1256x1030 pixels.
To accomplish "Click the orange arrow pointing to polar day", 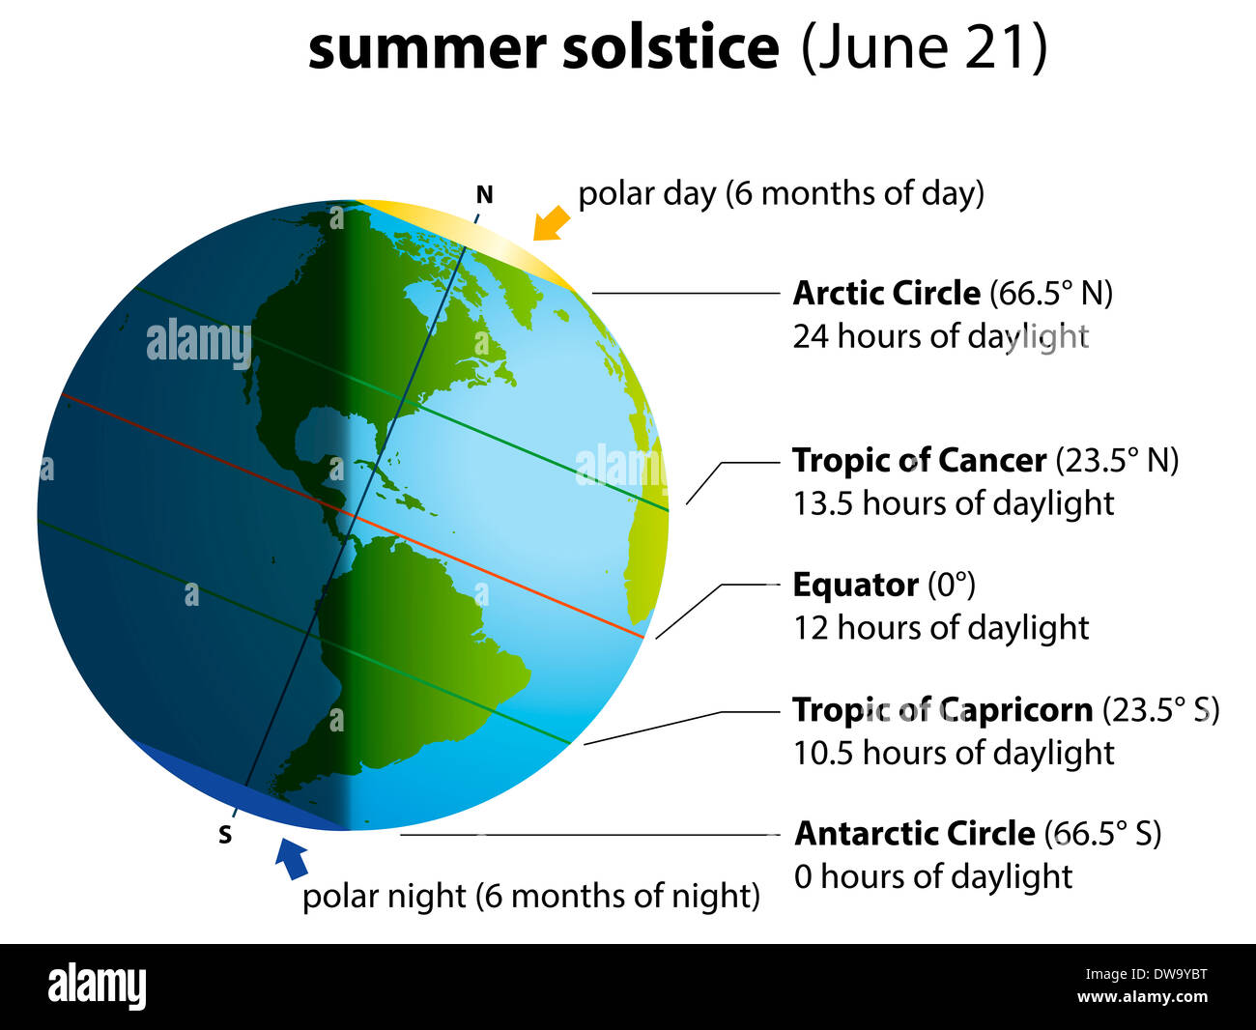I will [x=552, y=223].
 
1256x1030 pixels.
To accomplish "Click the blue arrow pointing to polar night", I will [x=291, y=858].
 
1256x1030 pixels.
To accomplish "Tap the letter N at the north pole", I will [x=484, y=195].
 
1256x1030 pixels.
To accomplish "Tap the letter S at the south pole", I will [x=225, y=835].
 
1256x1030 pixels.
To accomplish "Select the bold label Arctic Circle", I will [x=886, y=293].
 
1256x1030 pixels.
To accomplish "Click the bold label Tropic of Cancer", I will [x=919, y=460].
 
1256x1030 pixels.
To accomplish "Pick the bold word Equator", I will [x=855, y=585].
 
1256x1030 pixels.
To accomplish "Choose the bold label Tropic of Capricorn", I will [x=942, y=709].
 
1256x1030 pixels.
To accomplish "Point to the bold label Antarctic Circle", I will [x=914, y=833].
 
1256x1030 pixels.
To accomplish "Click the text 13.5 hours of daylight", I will [x=954, y=503].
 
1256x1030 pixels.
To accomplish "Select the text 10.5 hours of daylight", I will [x=954, y=753].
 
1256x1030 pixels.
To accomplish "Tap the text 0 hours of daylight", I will [x=933, y=876].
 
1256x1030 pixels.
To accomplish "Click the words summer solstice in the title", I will [x=543, y=47].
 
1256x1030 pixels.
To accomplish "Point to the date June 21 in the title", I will [x=924, y=47].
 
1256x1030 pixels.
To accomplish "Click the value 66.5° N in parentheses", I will [x=1051, y=293].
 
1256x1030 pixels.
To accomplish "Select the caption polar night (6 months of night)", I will [x=530, y=896].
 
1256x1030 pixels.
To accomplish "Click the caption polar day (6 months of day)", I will [x=781, y=193].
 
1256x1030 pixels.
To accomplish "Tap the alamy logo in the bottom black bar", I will [x=98, y=987].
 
